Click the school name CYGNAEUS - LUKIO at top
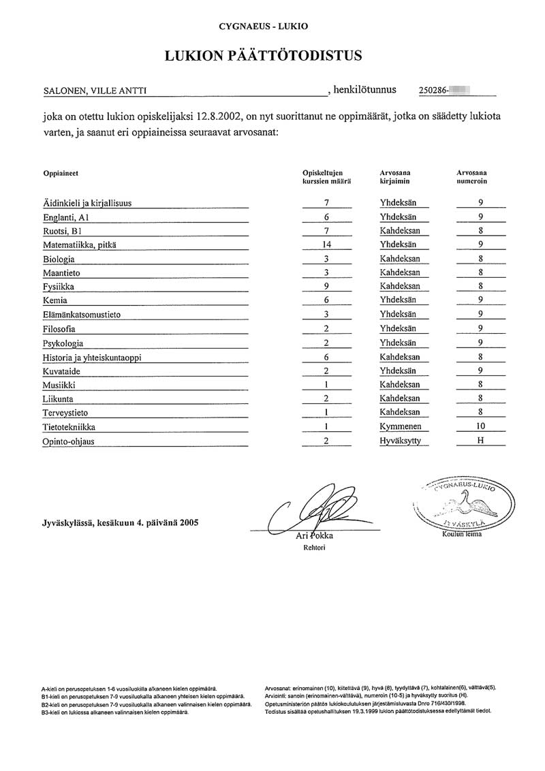pyautogui.click(x=263, y=27)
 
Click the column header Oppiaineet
pyautogui.click(x=61, y=173)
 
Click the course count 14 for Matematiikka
pyautogui.click(x=327, y=245)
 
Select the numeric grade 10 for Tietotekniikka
pyautogui.click(x=481, y=426)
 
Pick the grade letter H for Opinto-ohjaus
pyautogui.click(x=480, y=441)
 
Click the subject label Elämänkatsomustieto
pyautogui.click(x=82, y=315)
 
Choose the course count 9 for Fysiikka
pyautogui.click(x=327, y=287)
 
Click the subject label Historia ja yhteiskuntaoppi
pyautogui.click(x=96, y=357)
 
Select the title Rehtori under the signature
pyautogui.click(x=314, y=547)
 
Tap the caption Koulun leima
pyautogui.click(x=461, y=534)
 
